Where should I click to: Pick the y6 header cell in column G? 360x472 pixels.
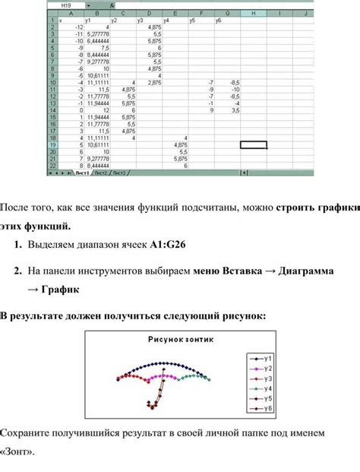point(218,20)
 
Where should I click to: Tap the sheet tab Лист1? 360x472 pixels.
point(81,173)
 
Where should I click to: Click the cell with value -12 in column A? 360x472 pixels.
point(78,27)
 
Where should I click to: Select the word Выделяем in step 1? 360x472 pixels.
point(58,246)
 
